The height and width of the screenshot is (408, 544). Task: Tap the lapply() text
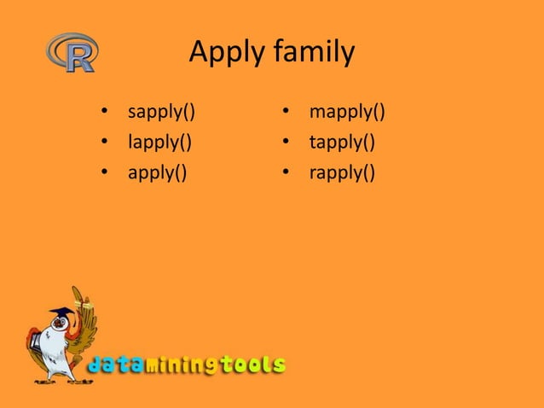click(159, 142)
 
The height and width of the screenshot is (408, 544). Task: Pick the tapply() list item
click(342, 142)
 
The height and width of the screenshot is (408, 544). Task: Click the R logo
click(72, 52)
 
